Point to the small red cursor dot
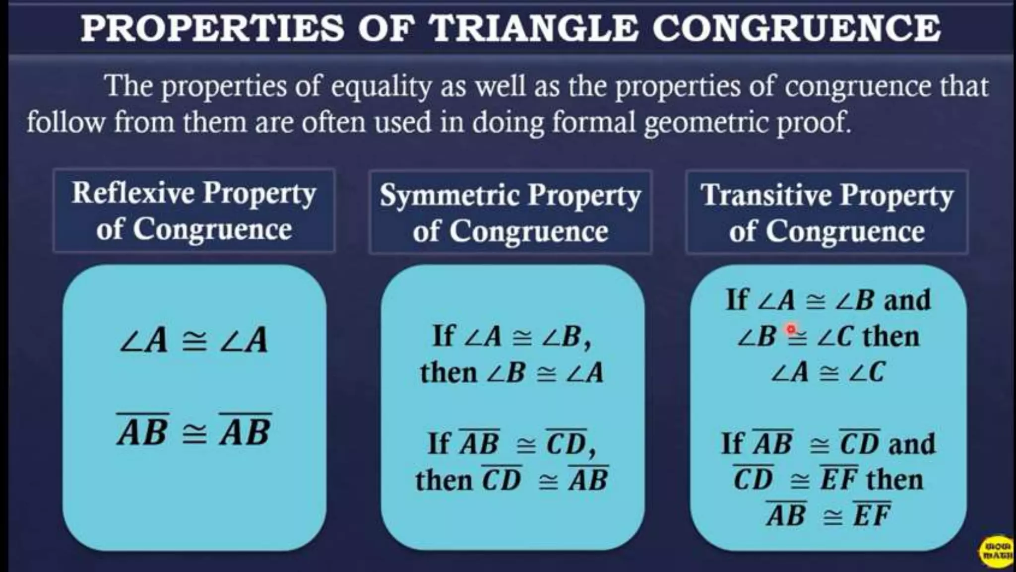791,328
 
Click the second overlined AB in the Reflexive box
246,431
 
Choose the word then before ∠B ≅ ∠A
448,372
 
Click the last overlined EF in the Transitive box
872,515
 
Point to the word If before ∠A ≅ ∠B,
443,336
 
